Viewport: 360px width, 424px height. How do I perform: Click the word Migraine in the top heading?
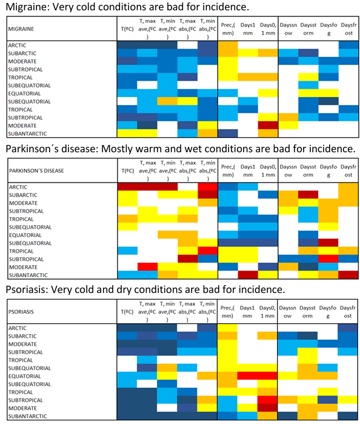[x=27, y=7]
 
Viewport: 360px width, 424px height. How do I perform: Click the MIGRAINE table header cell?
[x=62, y=29]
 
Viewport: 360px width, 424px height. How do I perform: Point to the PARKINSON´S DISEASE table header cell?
[x=62, y=170]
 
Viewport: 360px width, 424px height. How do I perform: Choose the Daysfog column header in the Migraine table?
[x=328, y=29]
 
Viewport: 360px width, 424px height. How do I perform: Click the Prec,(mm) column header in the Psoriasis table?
[x=227, y=312]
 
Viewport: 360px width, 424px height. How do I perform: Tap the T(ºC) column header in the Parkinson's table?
[x=127, y=170]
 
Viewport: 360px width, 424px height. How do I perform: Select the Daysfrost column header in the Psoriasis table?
[x=347, y=312]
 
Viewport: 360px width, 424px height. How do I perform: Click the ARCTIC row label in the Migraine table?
[x=18, y=45]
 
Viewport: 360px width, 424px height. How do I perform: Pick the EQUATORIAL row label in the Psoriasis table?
[x=25, y=376]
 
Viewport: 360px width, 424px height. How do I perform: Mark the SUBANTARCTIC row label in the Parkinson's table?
[x=28, y=275]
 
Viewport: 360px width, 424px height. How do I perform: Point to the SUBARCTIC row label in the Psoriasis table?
[x=22, y=336]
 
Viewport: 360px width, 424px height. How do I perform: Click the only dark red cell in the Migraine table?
[x=268, y=126]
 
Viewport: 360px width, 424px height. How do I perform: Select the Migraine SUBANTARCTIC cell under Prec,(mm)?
[x=228, y=133]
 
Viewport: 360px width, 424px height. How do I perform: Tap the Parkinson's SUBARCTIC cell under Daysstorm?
[x=308, y=195]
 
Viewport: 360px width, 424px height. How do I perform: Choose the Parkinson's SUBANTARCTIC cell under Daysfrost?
[x=348, y=275]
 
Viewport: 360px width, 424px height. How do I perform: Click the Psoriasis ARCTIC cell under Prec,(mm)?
[x=227, y=328]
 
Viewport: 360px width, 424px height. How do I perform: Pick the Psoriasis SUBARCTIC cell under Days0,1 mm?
[x=267, y=336]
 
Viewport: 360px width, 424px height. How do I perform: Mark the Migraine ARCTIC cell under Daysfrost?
[x=348, y=45]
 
